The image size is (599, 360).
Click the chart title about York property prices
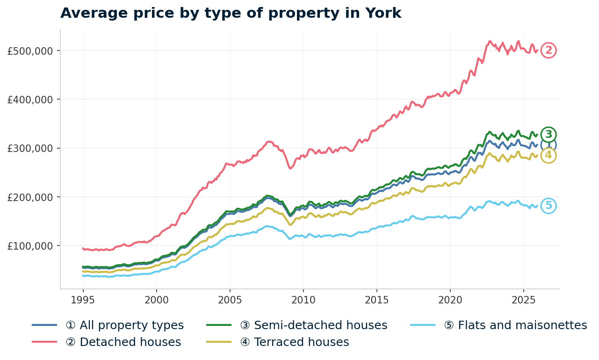point(231,13)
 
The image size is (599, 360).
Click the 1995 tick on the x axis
point(83,299)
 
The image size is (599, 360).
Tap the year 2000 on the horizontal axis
point(156,299)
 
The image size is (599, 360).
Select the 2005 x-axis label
point(230,299)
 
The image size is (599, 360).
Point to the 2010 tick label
point(303,299)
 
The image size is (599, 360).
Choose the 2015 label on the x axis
point(376,299)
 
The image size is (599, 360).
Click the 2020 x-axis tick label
point(450,299)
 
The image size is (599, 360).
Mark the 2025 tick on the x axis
point(523,299)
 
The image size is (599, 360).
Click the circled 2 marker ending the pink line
point(548,50)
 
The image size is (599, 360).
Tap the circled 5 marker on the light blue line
point(548,206)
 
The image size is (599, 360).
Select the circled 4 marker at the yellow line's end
point(548,155)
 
